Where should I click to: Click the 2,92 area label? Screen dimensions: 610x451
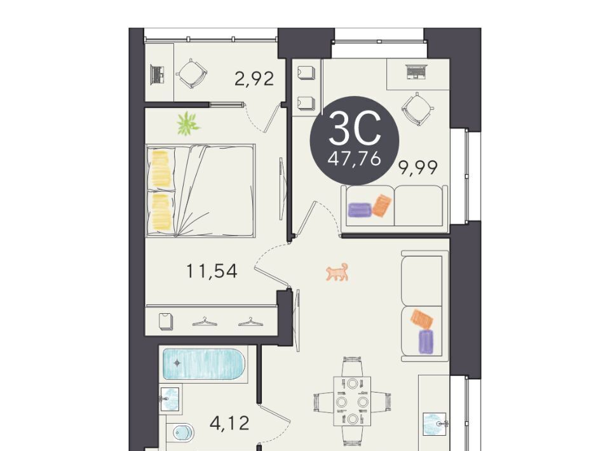254,79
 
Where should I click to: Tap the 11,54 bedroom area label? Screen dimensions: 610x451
212,271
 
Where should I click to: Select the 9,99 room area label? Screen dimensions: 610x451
418,168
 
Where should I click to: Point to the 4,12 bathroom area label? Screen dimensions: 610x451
229,422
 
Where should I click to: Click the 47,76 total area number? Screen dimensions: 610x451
354,159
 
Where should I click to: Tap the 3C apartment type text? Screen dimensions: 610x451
355,128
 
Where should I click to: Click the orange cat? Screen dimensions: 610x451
337,272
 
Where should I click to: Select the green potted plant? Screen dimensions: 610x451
188,123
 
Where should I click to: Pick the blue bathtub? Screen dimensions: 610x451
204,364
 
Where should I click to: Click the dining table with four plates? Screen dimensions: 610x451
353,401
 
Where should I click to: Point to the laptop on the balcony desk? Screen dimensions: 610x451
157,75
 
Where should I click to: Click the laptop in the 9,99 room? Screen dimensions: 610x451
416,72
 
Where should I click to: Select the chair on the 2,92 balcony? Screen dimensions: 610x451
191,74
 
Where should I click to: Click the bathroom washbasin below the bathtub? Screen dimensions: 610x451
170,398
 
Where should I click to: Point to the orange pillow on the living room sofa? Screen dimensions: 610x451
422,320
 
